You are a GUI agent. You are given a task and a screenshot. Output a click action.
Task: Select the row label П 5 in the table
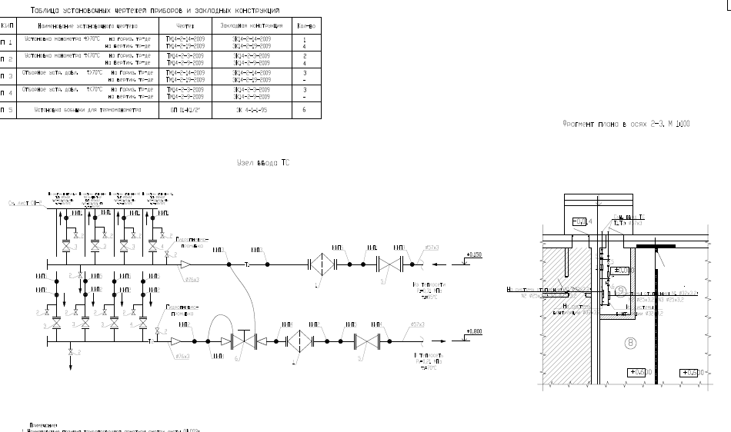coord(6,110)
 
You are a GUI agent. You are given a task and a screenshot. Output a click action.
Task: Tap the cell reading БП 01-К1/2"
coord(185,110)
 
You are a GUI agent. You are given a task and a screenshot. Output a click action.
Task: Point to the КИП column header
coord(6,25)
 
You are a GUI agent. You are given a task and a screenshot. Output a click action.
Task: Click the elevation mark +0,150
coord(474,254)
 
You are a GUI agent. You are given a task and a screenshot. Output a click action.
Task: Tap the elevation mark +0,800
coord(474,332)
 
